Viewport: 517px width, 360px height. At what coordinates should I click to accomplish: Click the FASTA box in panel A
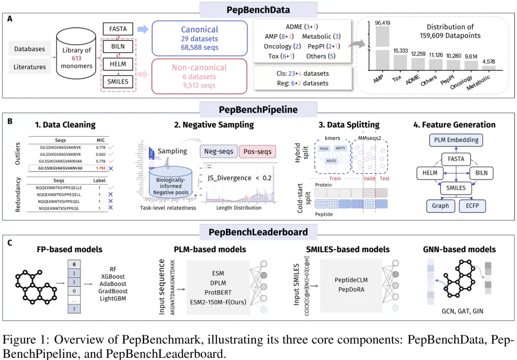click(x=118, y=29)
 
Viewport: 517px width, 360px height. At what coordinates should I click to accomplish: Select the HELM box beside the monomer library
click(x=118, y=64)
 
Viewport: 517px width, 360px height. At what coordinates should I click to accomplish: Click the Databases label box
click(x=30, y=49)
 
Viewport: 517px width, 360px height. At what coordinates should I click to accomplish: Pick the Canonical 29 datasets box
click(x=199, y=39)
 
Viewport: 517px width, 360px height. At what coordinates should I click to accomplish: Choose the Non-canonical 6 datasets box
click(x=199, y=77)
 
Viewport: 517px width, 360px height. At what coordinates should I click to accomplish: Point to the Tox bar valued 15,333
click(x=400, y=61)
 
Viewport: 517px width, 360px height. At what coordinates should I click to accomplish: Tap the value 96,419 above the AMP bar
click(x=382, y=22)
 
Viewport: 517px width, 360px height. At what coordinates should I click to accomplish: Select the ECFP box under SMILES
click(x=472, y=206)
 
